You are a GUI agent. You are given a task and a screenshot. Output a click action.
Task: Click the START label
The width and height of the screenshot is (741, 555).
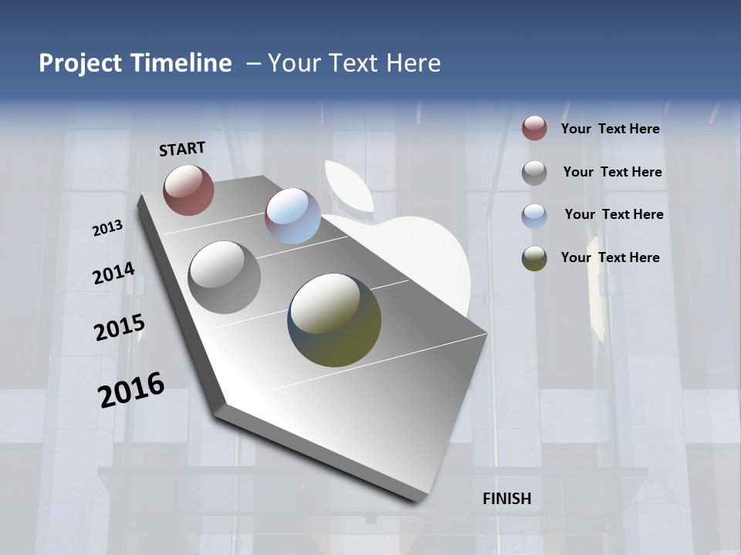(x=182, y=148)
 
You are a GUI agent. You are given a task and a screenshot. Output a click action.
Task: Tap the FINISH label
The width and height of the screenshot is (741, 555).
(x=506, y=499)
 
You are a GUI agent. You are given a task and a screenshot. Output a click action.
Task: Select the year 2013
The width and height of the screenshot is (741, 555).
(x=107, y=228)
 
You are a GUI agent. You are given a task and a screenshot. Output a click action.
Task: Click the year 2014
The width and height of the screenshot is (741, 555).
(x=113, y=274)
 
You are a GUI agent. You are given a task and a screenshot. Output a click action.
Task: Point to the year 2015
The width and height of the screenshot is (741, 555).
(x=119, y=328)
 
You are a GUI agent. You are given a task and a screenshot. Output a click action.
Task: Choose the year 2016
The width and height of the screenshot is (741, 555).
(x=131, y=390)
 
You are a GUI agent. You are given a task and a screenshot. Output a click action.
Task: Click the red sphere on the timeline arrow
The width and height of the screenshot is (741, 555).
(x=188, y=190)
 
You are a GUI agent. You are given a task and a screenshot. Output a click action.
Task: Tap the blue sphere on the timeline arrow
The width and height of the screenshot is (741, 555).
(x=293, y=216)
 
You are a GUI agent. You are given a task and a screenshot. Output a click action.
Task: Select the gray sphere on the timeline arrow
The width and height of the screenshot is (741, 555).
(x=225, y=277)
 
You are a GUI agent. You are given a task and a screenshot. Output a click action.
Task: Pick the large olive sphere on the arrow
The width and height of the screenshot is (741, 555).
(x=334, y=320)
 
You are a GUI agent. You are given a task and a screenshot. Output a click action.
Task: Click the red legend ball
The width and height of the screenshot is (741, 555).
(x=534, y=129)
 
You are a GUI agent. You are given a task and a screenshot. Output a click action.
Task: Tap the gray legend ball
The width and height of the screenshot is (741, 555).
(x=534, y=173)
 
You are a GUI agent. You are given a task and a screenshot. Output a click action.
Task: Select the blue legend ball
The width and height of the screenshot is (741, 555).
(x=534, y=215)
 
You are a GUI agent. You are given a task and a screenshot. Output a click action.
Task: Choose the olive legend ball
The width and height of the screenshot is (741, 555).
(x=534, y=258)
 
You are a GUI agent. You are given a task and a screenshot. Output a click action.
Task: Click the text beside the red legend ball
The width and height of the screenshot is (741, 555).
(x=610, y=129)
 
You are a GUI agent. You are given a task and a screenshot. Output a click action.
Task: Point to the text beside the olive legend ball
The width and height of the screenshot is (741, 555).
(x=610, y=257)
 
